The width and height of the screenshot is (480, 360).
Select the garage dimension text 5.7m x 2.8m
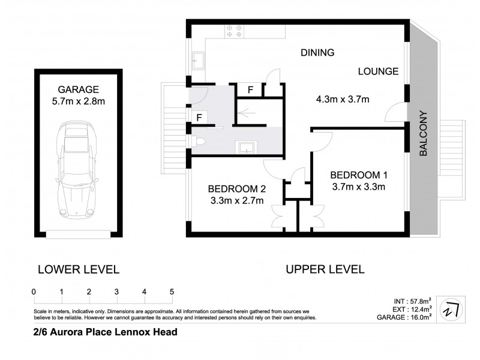[x=79, y=101]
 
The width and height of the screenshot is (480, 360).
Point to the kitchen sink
[x=199, y=59]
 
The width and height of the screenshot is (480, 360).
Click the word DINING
[x=317, y=53]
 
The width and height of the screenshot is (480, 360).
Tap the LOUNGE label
[x=378, y=71]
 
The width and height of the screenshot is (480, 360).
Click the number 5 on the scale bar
[x=172, y=292]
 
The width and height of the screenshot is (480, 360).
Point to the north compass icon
[x=449, y=308]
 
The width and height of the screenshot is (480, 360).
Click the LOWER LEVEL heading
[x=79, y=269]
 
